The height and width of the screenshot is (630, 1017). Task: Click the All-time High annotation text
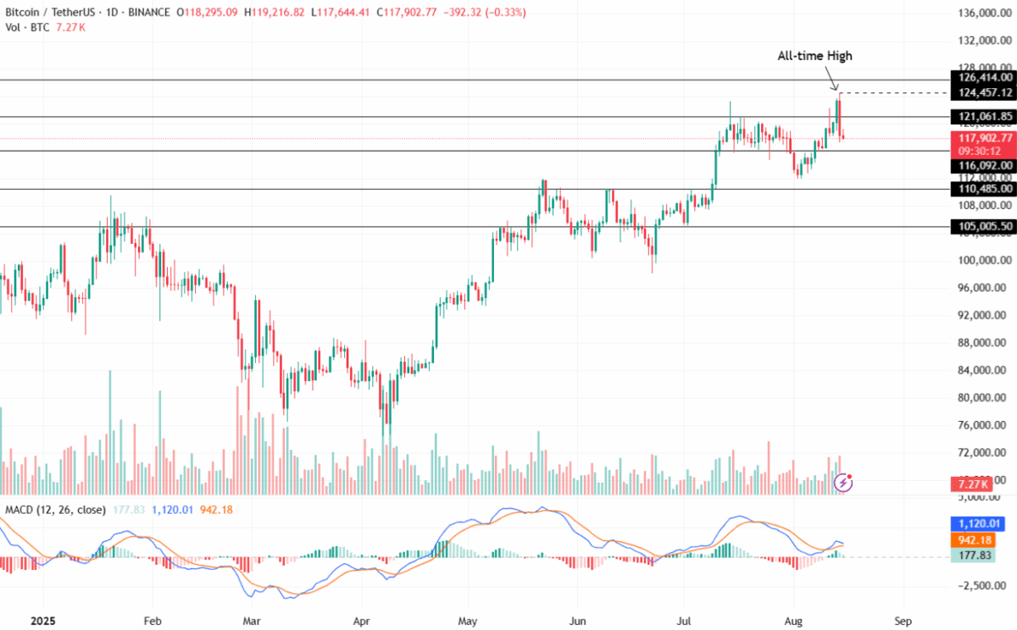[814, 56]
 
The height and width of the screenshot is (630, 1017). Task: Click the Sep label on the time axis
[903, 619]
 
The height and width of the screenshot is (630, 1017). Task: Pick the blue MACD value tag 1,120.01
[983, 524]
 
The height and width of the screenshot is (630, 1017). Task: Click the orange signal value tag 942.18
[983, 540]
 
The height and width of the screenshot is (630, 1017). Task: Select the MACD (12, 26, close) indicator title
[55, 510]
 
